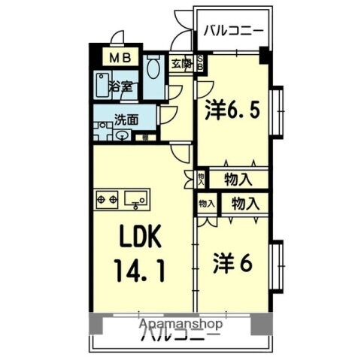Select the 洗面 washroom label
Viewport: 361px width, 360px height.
[x=125, y=118]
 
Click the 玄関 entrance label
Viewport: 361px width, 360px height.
[x=180, y=64]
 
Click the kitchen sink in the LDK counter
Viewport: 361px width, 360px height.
[x=136, y=199]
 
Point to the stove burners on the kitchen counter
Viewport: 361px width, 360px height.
[x=107, y=199]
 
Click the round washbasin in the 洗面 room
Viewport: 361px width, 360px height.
[x=123, y=135]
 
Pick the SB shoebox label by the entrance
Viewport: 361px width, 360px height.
[x=201, y=65]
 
